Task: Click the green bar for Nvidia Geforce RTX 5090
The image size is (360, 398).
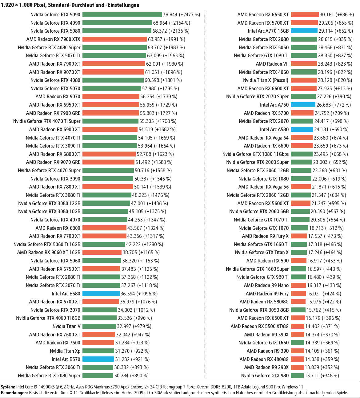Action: click(122, 14)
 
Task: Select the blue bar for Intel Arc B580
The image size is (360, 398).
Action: click(101, 294)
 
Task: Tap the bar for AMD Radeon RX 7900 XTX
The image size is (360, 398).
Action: click(114, 39)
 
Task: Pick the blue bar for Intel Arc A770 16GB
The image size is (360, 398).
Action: click(304, 31)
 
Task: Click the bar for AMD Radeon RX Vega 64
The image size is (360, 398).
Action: click(302, 138)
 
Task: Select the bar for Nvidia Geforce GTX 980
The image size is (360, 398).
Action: click(297, 376)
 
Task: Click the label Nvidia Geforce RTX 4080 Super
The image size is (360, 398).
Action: click(49, 47)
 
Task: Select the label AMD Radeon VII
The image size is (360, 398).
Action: click(272, 64)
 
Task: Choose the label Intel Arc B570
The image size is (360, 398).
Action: click(66, 359)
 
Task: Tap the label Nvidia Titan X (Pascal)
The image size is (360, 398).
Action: click(266, 80)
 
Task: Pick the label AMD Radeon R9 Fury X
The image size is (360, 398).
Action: click(265, 236)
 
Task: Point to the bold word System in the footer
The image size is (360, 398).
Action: click(8, 387)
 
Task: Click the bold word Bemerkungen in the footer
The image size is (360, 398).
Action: click(14, 393)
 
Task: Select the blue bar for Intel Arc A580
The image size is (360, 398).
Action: click(302, 129)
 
